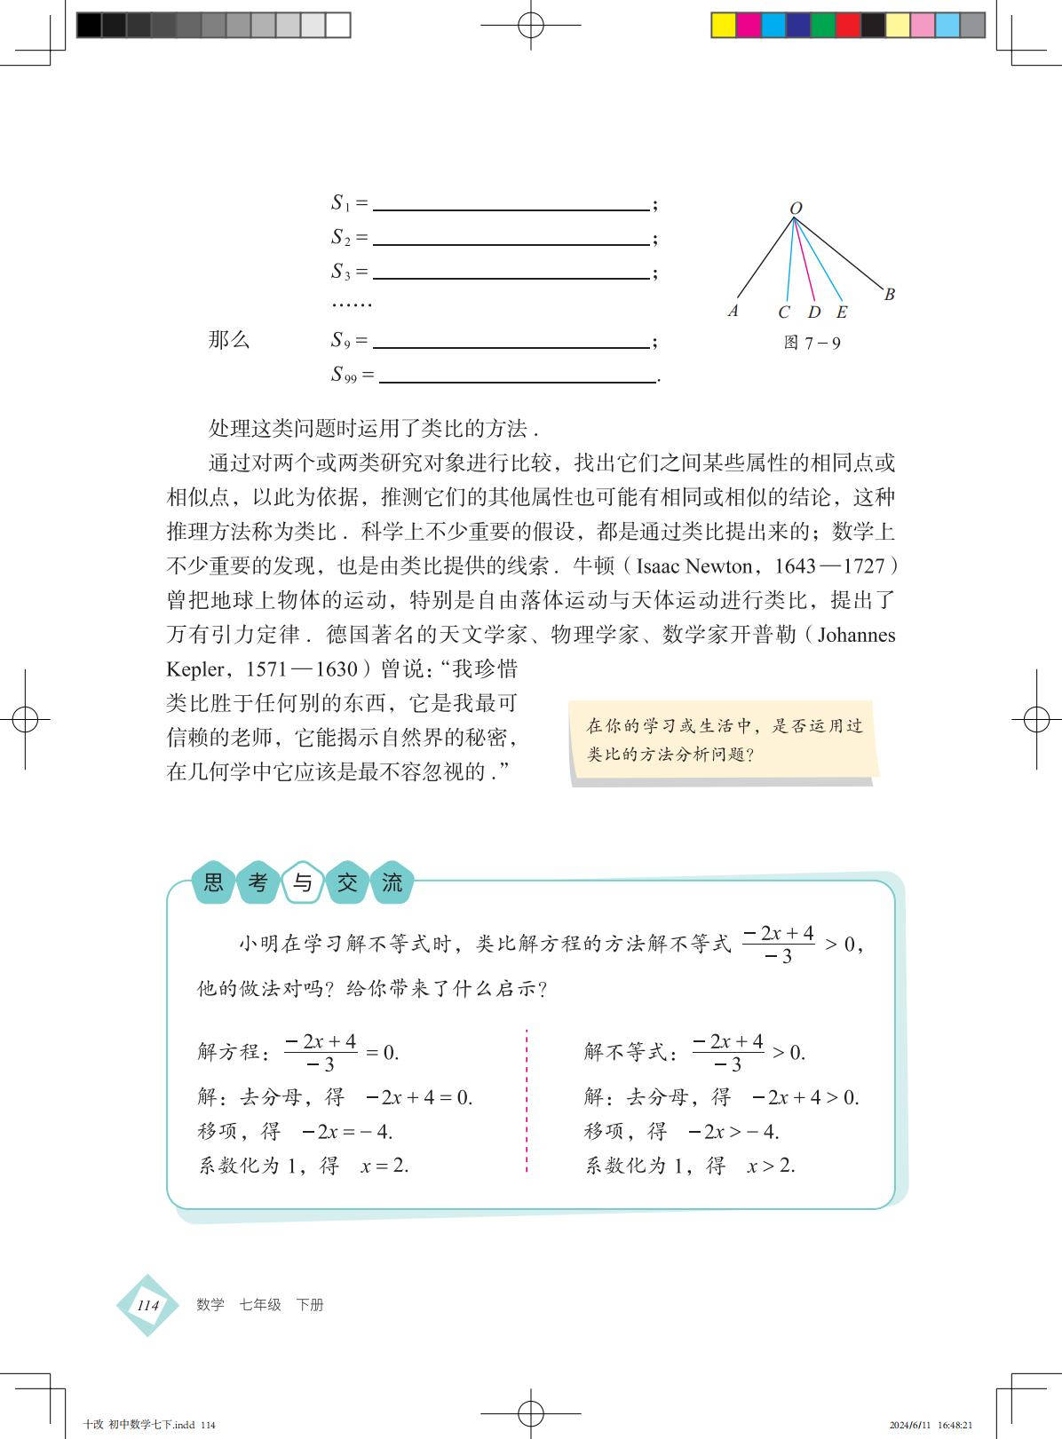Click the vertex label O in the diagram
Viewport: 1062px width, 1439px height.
click(796, 209)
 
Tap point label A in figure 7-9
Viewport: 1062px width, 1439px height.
click(733, 311)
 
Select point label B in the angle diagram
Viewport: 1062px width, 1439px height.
click(889, 295)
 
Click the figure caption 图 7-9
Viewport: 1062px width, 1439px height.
click(812, 343)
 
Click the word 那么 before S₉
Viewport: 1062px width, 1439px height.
click(229, 340)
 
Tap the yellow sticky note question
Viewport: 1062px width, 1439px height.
click(724, 740)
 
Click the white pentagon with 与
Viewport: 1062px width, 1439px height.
click(303, 882)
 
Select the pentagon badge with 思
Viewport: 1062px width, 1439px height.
click(214, 882)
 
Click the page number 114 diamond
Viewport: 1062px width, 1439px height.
click(147, 1305)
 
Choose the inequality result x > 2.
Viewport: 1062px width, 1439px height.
click(771, 1166)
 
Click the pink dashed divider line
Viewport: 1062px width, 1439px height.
click(527, 1101)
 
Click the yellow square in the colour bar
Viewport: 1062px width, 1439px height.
click(724, 25)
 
